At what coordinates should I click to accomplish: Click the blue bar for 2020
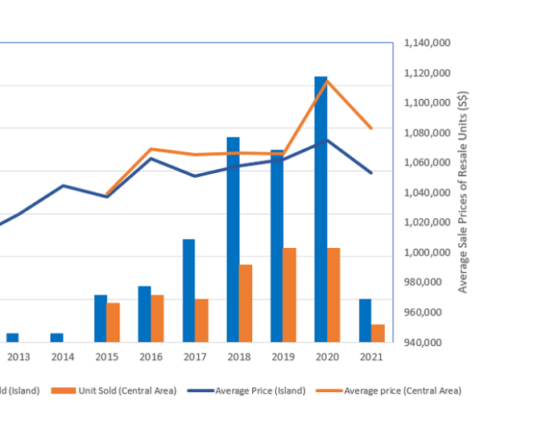coord(320,209)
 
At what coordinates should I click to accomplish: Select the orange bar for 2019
coord(289,295)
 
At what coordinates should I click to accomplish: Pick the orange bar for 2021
coord(378,333)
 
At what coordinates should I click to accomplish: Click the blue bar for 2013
coord(12,337)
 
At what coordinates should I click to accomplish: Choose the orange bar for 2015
coord(113,322)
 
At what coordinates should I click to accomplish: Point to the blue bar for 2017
coord(188,290)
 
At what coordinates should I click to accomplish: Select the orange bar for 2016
coord(157,318)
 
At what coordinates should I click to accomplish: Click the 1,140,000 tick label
coord(428,43)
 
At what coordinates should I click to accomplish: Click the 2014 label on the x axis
coord(62,357)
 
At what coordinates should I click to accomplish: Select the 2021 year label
coord(371,357)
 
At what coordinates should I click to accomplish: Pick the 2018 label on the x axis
coord(239,357)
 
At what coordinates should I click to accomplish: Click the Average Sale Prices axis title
coord(463,192)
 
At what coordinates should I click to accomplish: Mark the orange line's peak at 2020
coord(327,80)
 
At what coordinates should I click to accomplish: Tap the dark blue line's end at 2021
coord(371,172)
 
